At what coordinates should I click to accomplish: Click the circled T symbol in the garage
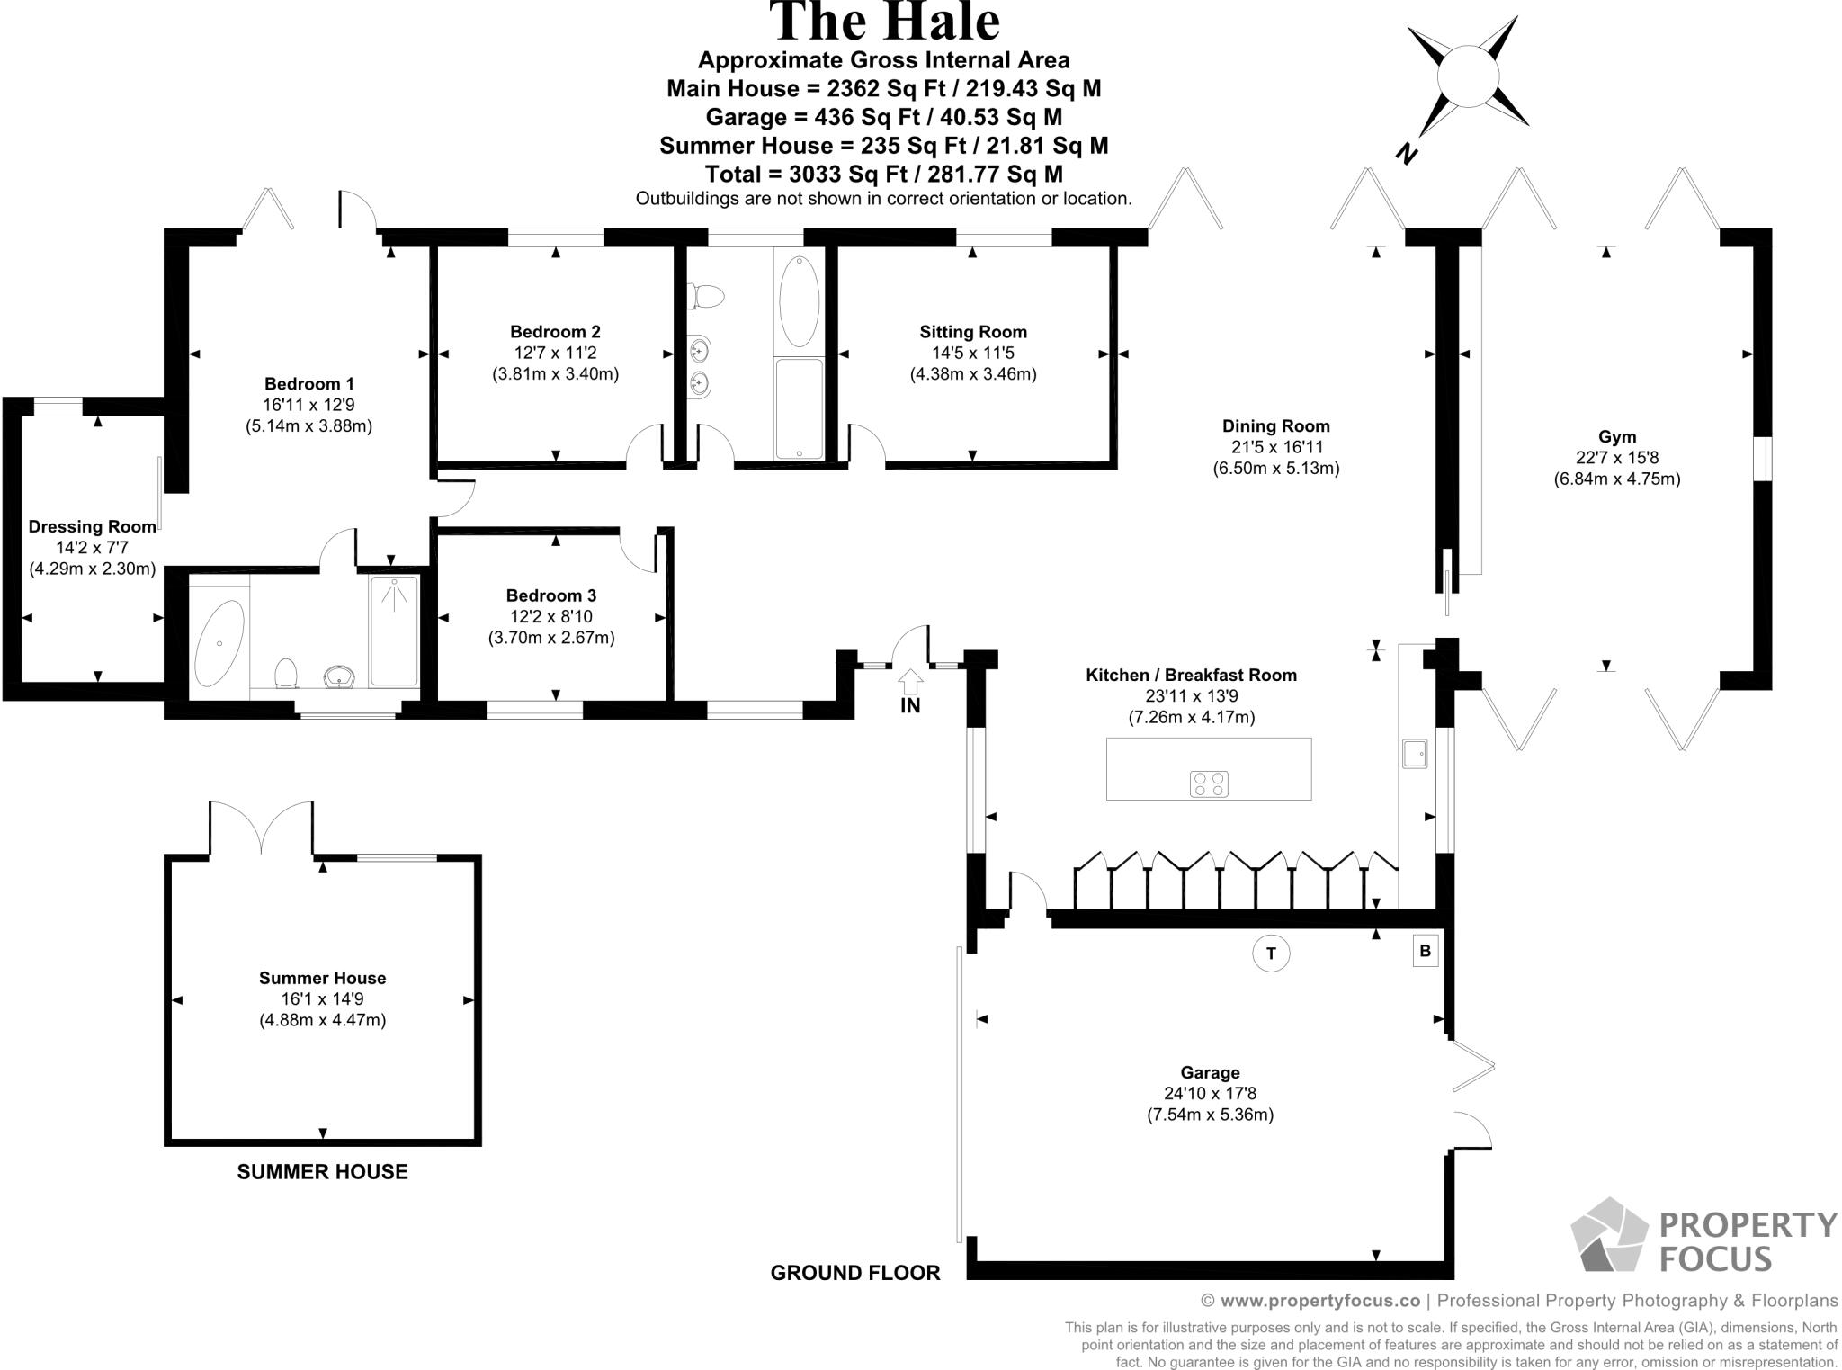point(1271,954)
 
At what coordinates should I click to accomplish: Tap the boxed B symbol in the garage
point(1425,951)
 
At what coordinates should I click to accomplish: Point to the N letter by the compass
point(1407,154)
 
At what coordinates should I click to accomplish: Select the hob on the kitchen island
point(1209,783)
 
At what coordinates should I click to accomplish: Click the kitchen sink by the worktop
point(1415,753)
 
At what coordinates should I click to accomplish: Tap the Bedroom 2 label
point(555,332)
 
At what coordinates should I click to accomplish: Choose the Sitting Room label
point(973,332)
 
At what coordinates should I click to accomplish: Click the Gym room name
point(1617,437)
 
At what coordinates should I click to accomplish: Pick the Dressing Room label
point(93,527)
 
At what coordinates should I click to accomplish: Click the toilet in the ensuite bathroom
point(286,673)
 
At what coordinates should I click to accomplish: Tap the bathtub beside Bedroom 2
point(799,302)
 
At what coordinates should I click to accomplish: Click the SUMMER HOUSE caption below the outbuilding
point(322,1172)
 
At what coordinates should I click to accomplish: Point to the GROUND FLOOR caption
point(855,1273)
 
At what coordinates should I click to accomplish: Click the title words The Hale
point(885,22)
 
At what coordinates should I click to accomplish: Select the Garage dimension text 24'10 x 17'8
point(1210,1094)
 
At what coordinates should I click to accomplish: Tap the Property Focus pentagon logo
point(1610,1234)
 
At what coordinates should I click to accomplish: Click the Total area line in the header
point(883,174)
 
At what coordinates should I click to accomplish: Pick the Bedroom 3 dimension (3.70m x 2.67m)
point(551,638)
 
